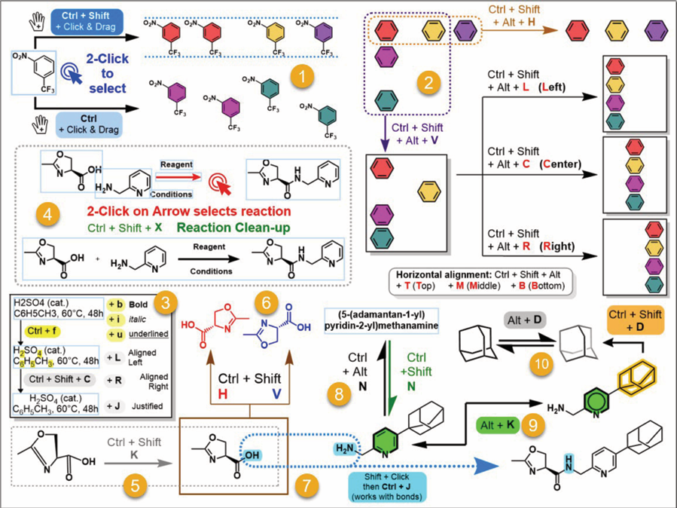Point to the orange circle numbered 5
pyautogui.click(x=133, y=485)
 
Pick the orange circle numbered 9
pyautogui.click(x=532, y=426)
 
